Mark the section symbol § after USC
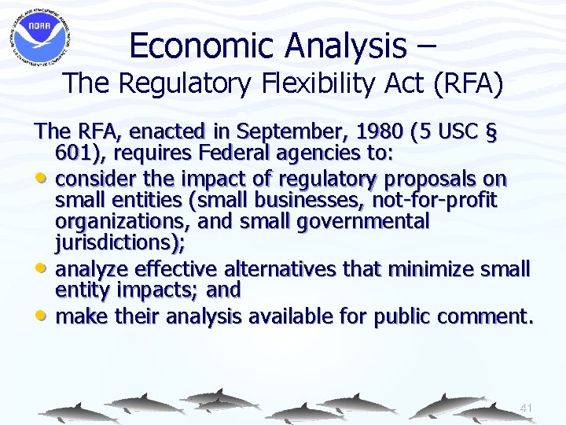[x=491, y=131]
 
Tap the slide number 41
[x=526, y=408]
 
